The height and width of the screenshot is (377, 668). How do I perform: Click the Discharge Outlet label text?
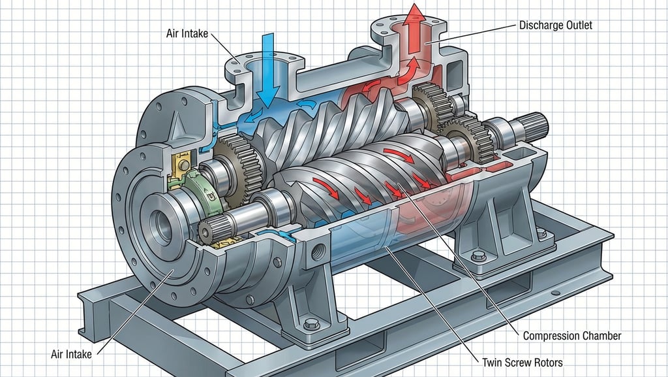pos(556,26)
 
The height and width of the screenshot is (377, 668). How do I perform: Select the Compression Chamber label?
pos(571,336)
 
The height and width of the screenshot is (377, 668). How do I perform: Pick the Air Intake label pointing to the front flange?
pos(71,354)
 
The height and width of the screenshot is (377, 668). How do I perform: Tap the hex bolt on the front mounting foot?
pos(311,323)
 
